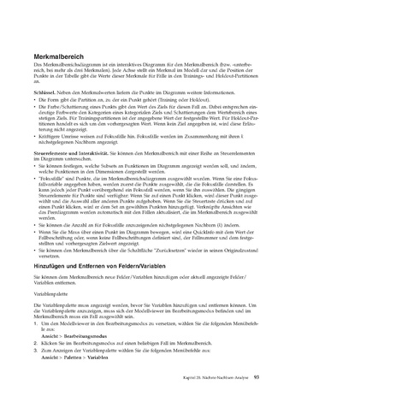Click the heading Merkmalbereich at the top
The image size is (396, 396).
(x=54, y=56)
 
